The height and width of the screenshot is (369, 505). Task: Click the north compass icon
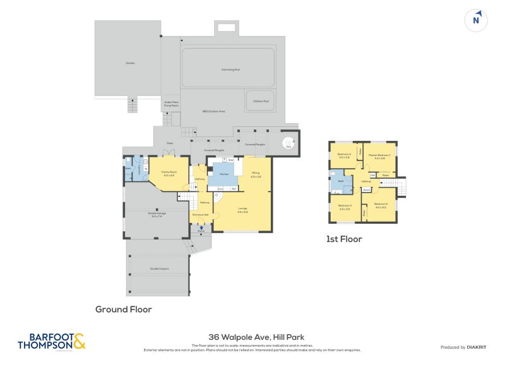[477, 20]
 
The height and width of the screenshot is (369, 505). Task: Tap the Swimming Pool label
[228, 70]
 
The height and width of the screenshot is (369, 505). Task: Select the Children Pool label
[261, 101]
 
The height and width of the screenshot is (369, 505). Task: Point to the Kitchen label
[224, 173]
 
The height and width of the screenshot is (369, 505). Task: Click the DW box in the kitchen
[232, 160]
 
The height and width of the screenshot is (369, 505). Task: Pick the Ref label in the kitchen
[234, 189]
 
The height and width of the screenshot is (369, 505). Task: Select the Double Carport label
[158, 269]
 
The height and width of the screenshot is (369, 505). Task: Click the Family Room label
[169, 173]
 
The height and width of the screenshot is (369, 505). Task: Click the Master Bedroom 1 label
[382, 156]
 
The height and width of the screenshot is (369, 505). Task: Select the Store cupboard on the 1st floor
[366, 189]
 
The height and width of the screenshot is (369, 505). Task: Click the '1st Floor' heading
[343, 239]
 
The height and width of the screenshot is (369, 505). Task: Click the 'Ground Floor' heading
[123, 310]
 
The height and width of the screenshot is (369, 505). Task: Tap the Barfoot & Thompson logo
[51, 341]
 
